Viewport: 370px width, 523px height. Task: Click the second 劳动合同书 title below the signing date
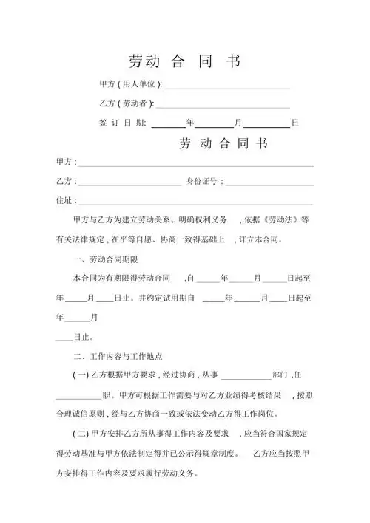point(222,143)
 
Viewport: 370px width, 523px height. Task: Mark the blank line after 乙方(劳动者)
point(222,106)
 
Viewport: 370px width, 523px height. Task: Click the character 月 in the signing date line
point(238,122)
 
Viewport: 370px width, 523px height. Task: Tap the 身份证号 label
point(201,181)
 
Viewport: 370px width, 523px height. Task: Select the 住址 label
point(64,200)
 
